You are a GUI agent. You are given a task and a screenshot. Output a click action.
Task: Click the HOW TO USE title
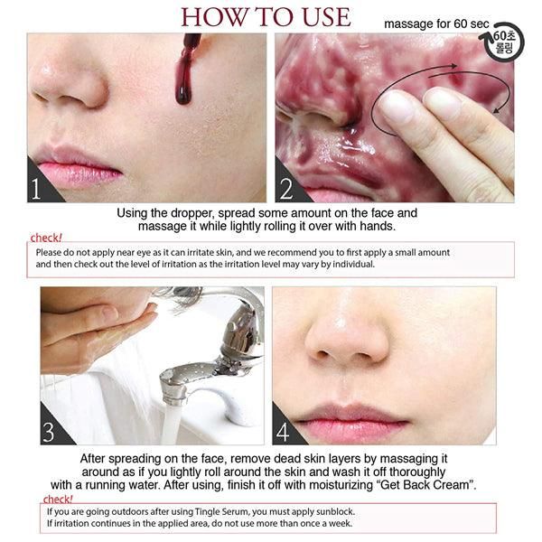266,17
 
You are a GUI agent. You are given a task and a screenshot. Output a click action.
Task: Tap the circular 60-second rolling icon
503,42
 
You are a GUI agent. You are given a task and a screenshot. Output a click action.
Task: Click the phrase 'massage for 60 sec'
436,24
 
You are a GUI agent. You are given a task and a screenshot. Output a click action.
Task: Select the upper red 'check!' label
46,238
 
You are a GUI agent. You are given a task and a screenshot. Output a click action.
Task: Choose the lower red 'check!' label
58,500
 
